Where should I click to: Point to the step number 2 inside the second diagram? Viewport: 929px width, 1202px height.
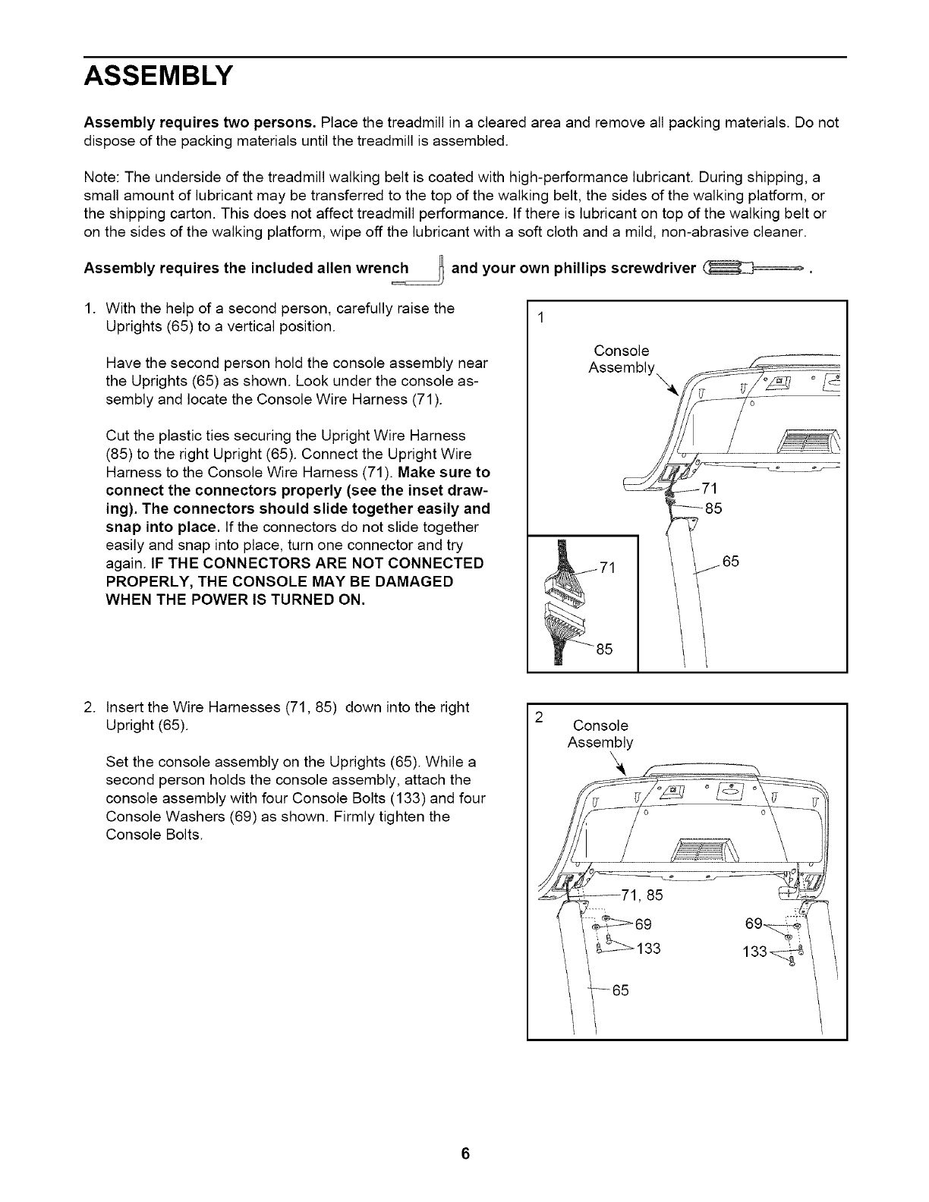tap(538, 716)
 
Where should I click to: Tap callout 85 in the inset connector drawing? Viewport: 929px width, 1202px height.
tap(604, 650)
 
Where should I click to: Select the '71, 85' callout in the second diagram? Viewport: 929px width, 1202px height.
tap(641, 895)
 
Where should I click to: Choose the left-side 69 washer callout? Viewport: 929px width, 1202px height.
tap(642, 924)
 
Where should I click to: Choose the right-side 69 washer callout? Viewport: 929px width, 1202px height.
tap(755, 924)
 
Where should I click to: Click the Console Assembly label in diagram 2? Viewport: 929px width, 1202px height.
tap(600, 733)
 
